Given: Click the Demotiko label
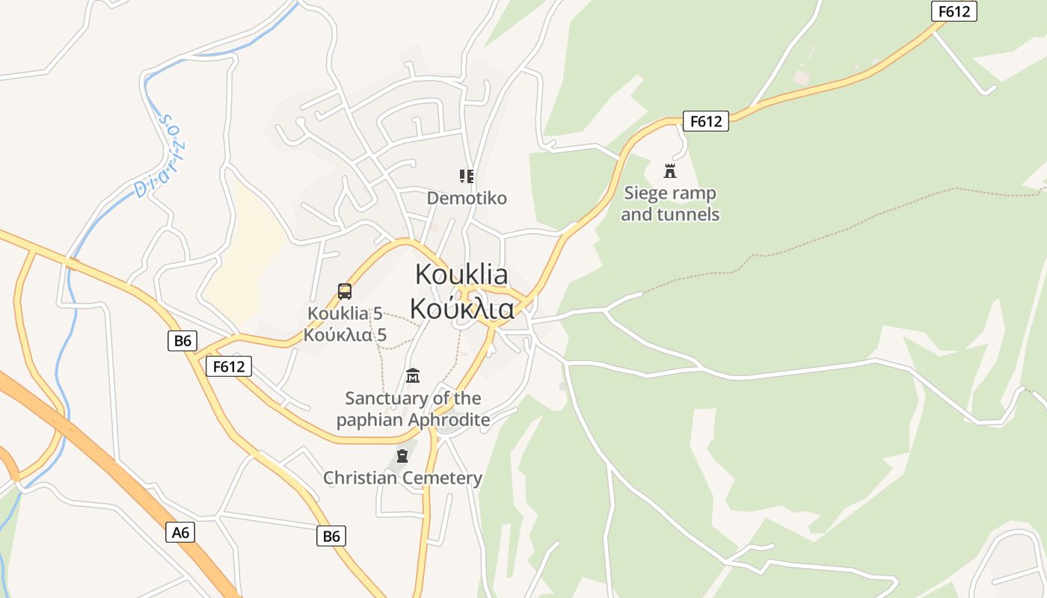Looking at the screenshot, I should point(467,198).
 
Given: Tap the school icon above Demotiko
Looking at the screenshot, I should point(467,176).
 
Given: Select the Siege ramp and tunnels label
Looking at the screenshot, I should point(670,204).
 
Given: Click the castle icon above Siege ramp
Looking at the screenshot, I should point(670,171).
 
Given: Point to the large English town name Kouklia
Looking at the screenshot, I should point(461,274).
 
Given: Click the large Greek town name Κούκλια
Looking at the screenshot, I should point(461,308).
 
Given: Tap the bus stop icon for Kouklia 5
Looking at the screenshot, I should point(344,292).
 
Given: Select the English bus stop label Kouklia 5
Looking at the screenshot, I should point(345,313).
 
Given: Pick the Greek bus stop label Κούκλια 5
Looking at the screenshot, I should point(345,335).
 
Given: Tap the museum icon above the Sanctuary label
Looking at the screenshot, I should point(412,375).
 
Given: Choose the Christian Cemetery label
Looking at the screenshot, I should point(402,478).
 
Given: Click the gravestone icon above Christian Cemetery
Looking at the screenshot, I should point(402,455).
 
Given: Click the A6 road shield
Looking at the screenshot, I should point(181,532).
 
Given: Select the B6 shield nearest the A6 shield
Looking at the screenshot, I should point(331,536).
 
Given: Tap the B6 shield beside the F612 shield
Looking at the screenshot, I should point(182,342).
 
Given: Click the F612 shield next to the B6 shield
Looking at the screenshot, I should point(229,366).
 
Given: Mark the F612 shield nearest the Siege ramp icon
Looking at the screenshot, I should point(705,121).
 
